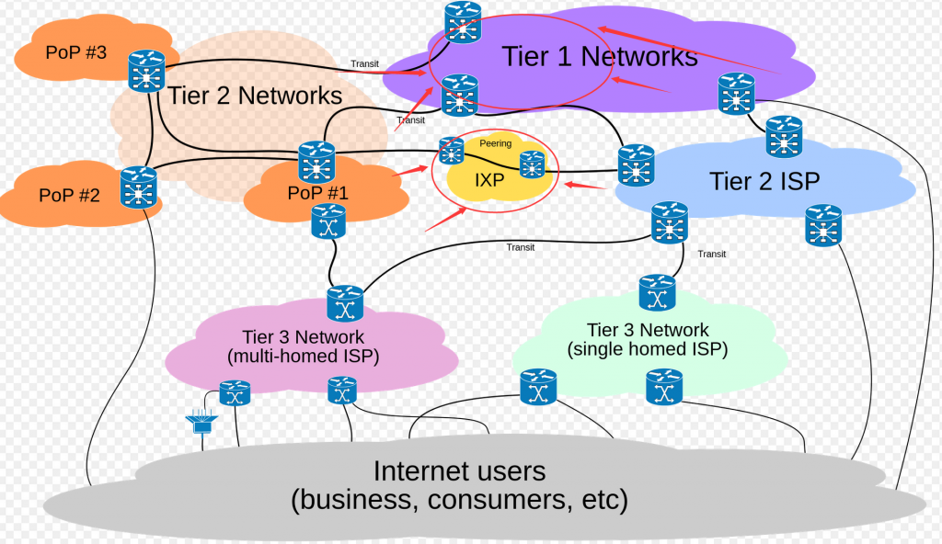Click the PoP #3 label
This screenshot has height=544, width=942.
coord(76,52)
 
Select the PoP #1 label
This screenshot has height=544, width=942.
coord(317,194)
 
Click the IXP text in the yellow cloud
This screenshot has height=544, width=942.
coord(489,180)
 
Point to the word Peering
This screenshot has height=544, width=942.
coord(495,143)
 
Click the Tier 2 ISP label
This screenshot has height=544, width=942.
coord(764,180)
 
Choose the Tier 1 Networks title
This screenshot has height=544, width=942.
coord(600,56)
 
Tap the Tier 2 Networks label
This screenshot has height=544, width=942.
coord(255,96)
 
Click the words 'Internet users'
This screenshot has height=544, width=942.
coord(459,471)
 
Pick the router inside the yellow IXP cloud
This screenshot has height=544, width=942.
coord(532,165)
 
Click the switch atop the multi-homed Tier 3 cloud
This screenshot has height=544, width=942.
coord(346,303)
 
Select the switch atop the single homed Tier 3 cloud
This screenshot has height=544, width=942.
coord(657,294)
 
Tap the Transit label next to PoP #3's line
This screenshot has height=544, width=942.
coord(364,63)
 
